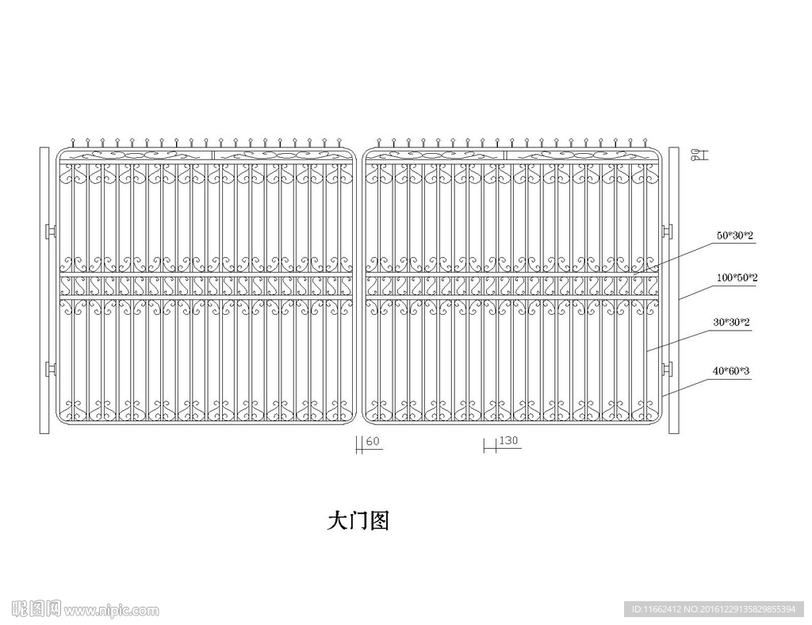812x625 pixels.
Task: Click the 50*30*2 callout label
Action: point(735,235)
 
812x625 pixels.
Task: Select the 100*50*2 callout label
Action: point(737,278)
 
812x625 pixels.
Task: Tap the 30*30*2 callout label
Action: point(731,322)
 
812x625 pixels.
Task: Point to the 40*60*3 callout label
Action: point(730,370)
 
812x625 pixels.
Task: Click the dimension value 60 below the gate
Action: point(373,442)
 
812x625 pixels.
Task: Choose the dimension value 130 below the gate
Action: point(508,441)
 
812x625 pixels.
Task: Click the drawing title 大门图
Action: point(358,521)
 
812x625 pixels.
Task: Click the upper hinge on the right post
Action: point(667,231)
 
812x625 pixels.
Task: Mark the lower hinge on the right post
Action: point(667,370)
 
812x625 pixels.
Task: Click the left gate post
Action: point(44,290)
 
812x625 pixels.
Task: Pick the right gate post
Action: point(674,290)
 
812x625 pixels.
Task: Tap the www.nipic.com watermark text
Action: point(112,611)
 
